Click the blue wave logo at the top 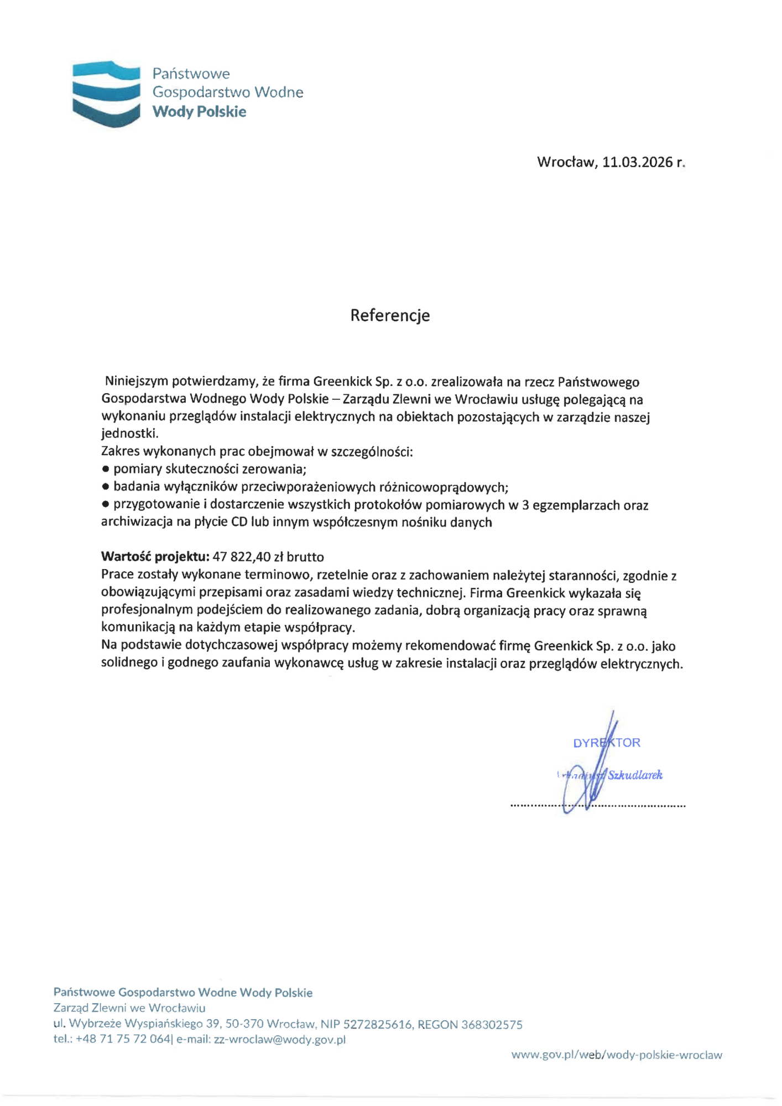(x=106, y=94)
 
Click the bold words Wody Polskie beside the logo (x=199, y=112)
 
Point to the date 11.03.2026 (x=637, y=162)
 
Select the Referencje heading (x=390, y=315)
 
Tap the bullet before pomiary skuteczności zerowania (x=106, y=469)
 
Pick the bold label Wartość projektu (x=155, y=556)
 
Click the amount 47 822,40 (x=241, y=556)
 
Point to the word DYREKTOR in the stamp (x=606, y=743)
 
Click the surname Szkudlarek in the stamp (x=635, y=775)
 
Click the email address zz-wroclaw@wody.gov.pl (x=279, y=1039)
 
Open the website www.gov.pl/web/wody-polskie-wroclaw (x=616, y=1055)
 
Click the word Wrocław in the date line (x=566, y=162)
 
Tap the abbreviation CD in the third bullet (x=239, y=523)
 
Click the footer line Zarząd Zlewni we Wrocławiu (x=129, y=1008)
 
